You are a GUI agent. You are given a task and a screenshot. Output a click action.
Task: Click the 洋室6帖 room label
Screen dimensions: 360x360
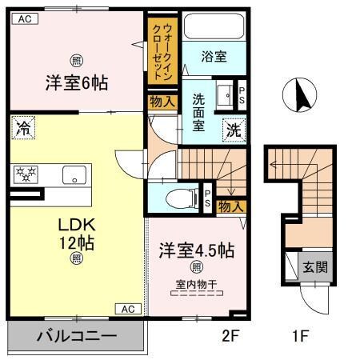click(76, 82)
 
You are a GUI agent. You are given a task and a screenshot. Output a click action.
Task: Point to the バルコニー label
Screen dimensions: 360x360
click(76, 337)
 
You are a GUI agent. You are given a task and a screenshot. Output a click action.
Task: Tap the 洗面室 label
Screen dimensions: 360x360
click(199, 113)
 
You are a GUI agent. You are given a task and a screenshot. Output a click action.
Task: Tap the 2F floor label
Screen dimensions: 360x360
click(230, 336)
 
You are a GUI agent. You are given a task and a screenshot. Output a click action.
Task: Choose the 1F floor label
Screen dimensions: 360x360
click(300, 336)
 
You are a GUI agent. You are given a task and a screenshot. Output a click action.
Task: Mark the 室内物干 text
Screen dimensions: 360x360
click(196, 282)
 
